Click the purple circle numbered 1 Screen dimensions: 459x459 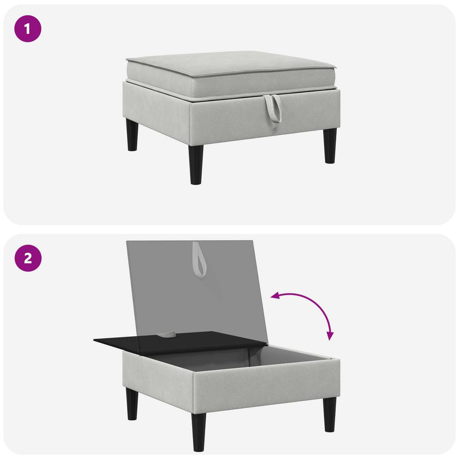[x=28, y=29]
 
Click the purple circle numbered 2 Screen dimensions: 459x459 [x=28, y=258]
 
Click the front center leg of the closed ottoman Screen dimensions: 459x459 [x=196, y=165]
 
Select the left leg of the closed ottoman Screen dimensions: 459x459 [x=132, y=134]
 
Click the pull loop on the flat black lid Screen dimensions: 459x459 [x=166, y=334]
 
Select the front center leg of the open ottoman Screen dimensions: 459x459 [x=199, y=432]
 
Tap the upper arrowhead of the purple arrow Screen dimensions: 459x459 [x=275, y=296]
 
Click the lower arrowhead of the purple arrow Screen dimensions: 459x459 [x=330, y=336]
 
